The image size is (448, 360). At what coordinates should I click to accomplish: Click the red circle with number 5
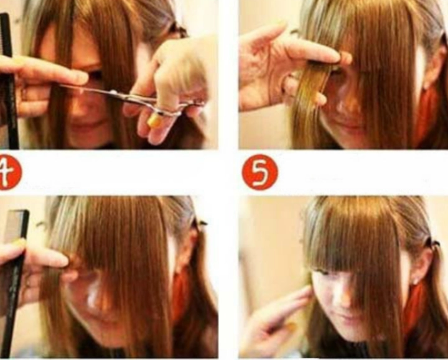coord(259,172)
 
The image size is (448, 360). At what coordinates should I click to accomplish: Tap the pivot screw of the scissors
coord(114,93)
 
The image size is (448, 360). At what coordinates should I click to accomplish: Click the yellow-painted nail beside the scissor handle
coord(154,120)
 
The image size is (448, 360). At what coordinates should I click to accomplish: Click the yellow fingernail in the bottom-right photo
coord(291,325)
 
